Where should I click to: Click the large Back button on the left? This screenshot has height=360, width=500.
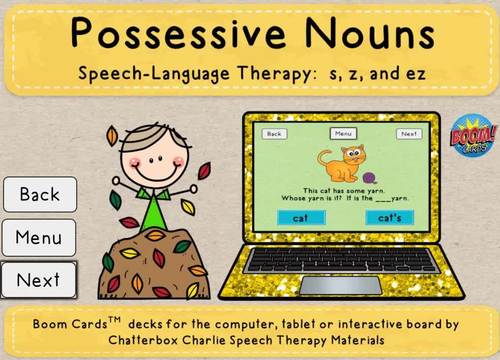(x=39, y=194)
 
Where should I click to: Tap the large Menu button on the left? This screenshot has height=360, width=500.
(x=39, y=238)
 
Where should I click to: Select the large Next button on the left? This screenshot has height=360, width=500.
(x=39, y=280)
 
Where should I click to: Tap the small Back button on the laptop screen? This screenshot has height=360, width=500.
(x=276, y=133)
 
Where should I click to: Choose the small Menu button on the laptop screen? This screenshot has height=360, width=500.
(x=342, y=133)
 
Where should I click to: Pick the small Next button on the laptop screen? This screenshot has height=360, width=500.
(x=408, y=133)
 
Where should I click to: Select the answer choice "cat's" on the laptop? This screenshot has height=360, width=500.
(x=383, y=216)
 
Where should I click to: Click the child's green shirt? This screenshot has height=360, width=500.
(x=152, y=211)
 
